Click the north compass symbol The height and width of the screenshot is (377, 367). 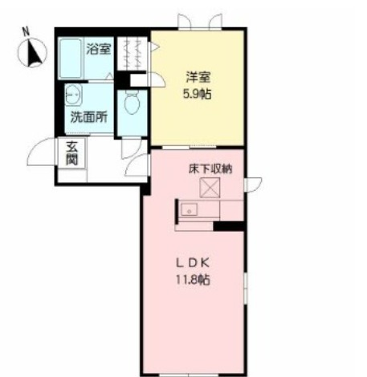click(33, 54)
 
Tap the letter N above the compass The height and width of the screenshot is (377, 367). click(27, 33)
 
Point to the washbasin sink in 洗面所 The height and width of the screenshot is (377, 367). click(71, 95)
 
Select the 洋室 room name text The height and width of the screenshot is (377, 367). click(198, 77)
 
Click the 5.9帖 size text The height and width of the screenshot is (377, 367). click(198, 92)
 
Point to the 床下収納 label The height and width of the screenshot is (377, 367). click(210, 170)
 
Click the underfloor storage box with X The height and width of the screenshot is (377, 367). click(211, 188)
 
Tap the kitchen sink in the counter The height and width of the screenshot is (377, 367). click(190, 210)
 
